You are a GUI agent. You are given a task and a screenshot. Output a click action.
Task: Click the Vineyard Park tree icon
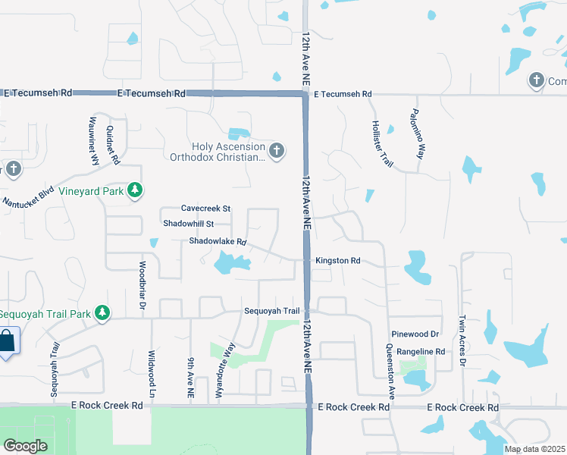(x=135, y=190)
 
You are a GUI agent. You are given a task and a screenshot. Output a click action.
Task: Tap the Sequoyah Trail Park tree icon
(x=101, y=313)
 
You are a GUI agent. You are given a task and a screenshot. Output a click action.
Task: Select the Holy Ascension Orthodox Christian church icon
(x=276, y=151)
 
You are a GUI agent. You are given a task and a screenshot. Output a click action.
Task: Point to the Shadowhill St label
(x=189, y=224)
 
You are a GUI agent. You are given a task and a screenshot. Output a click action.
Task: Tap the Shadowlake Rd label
(x=218, y=242)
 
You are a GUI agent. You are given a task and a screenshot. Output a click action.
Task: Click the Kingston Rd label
(x=337, y=260)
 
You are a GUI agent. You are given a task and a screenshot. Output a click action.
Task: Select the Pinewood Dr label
(x=415, y=334)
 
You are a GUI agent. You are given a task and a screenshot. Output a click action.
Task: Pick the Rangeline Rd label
(x=419, y=352)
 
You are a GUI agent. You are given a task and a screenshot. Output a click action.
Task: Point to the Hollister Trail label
(x=382, y=144)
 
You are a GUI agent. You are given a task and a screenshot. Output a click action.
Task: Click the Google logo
(x=25, y=445)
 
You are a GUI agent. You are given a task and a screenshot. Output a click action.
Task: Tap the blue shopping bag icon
(x=6, y=341)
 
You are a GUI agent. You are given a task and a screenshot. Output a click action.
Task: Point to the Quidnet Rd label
(x=114, y=145)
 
